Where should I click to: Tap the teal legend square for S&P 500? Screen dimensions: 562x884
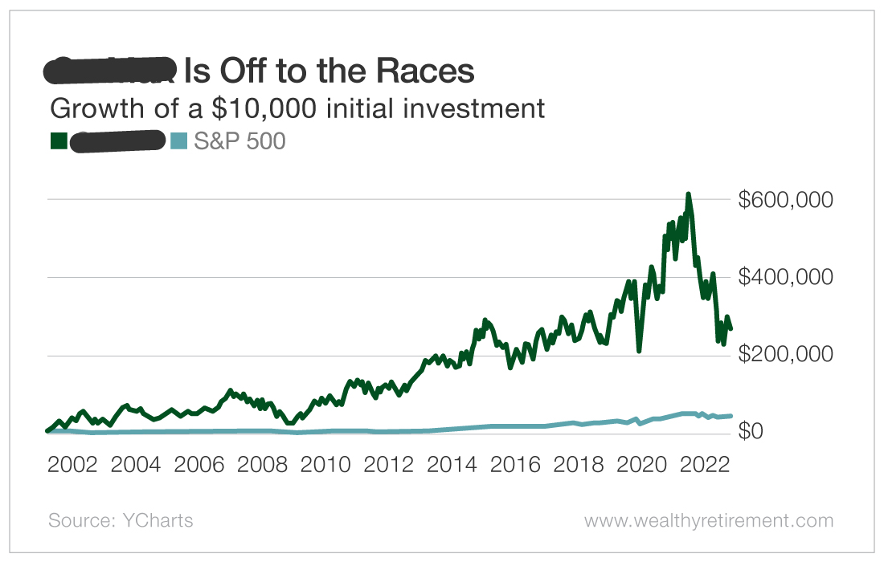179,141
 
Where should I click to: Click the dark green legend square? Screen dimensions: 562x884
58,141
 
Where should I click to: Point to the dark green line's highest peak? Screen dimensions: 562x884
688,194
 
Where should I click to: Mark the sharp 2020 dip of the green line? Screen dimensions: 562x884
639,350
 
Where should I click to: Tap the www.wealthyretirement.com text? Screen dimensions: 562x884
709,520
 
